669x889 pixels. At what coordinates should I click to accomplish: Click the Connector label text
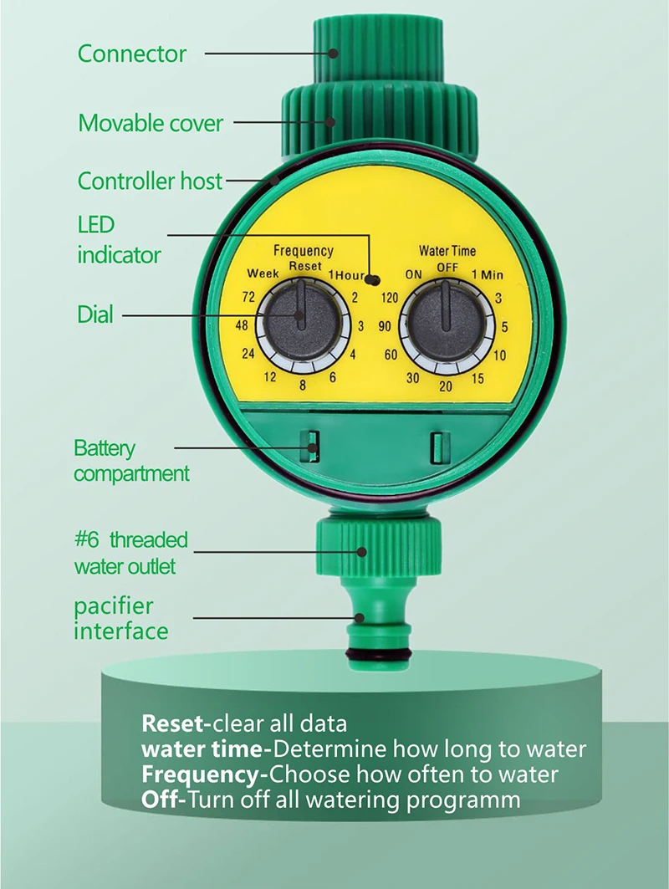pyautogui.click(x=131, y=54)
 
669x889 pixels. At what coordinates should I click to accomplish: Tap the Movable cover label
pyautogui.click(x=151, y=124)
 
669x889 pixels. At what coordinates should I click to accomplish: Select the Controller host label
pyautogui.click(x=151, y=181)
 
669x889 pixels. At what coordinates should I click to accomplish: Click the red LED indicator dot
pyautogui.click(x=374, y=282)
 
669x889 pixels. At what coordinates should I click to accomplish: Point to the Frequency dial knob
pyautogui.click(x=300, y=317)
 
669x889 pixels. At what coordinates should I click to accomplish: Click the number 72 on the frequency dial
pyautogui.click(x=248, y=297)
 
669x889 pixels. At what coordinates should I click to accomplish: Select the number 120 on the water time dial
pyautogui.click(x=389, y=297)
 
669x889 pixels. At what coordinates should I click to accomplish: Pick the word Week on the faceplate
pyautogui.click(x=262, y=274)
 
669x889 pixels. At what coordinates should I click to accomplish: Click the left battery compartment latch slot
pyautogui.click(x=311, y=445)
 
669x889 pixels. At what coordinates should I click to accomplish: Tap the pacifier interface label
pyautogui.click(x=120, y=618)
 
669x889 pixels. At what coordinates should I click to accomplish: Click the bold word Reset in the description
pyautogui.click(x=173, y=723)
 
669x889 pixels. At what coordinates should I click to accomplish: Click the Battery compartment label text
pyautogui.click(x=131, y=461)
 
